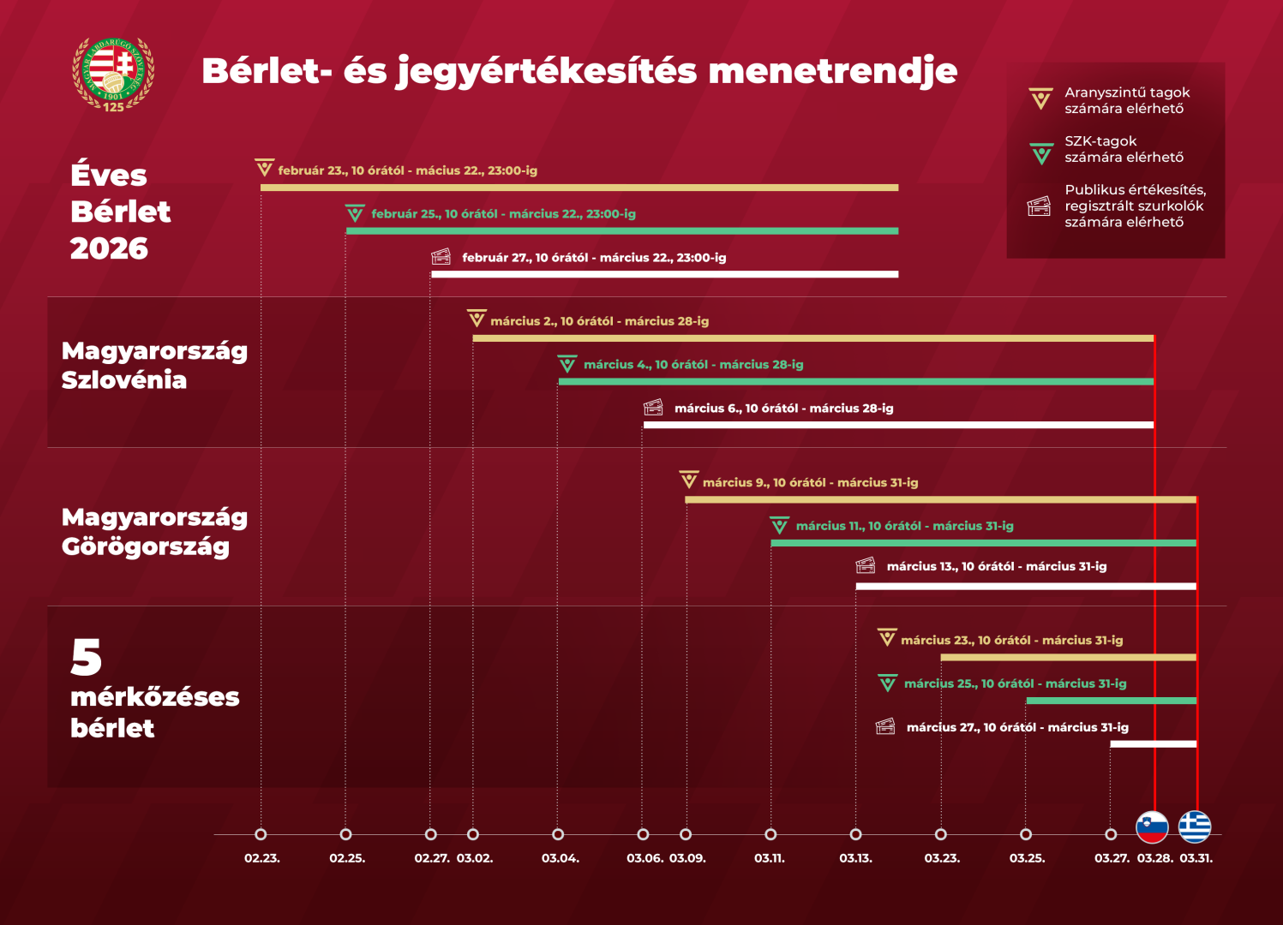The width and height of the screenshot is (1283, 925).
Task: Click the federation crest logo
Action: point(113,75)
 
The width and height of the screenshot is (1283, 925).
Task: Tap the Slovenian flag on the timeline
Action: point(1152,827)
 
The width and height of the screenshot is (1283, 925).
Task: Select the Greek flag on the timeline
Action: point(1195,827)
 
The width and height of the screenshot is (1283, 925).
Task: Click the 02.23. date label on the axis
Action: point(261,858)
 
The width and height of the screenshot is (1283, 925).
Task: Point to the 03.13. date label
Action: point(855,858)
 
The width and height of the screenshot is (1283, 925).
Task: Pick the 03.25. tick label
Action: point(1027,858)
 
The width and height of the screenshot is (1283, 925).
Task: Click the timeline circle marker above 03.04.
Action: point(558,834)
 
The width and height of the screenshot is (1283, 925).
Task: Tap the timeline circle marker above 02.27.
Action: point(431,834)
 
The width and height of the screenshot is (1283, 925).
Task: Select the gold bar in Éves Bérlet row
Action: point(579,188)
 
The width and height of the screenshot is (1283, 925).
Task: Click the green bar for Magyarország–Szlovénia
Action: point(855,381)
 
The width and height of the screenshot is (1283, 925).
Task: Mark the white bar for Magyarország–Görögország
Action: point(1025,587)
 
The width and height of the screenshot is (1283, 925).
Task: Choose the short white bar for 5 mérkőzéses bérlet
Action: point(1153,743)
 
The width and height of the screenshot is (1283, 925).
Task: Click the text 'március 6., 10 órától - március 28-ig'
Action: point(783,409)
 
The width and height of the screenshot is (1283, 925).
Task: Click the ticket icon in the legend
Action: point(1039,206)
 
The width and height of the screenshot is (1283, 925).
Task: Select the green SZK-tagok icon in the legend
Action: point(1041,154)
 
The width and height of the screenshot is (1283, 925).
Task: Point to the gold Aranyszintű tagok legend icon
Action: point(1040,99)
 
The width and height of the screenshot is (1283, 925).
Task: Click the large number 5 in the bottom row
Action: point(87,658)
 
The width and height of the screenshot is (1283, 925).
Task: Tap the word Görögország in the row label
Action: point(146,546)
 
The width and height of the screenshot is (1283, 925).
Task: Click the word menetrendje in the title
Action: point(832,71)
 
